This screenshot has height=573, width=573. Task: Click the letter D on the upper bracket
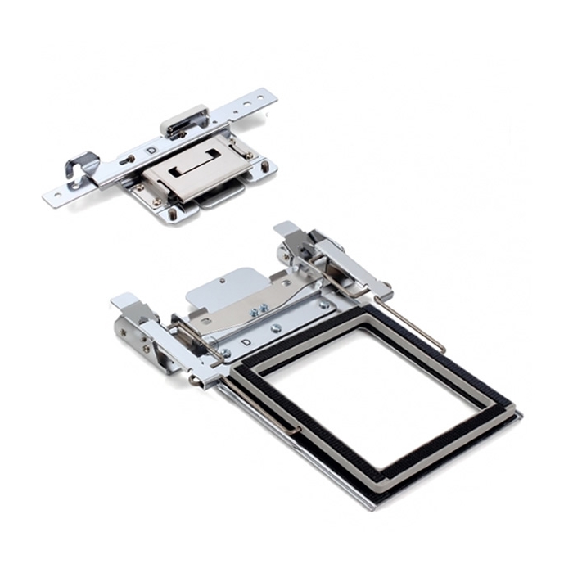150,150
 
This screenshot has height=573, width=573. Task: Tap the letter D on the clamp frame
247,342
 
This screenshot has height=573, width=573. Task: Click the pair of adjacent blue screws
257,310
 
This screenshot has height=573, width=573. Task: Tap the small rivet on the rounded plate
223,281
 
